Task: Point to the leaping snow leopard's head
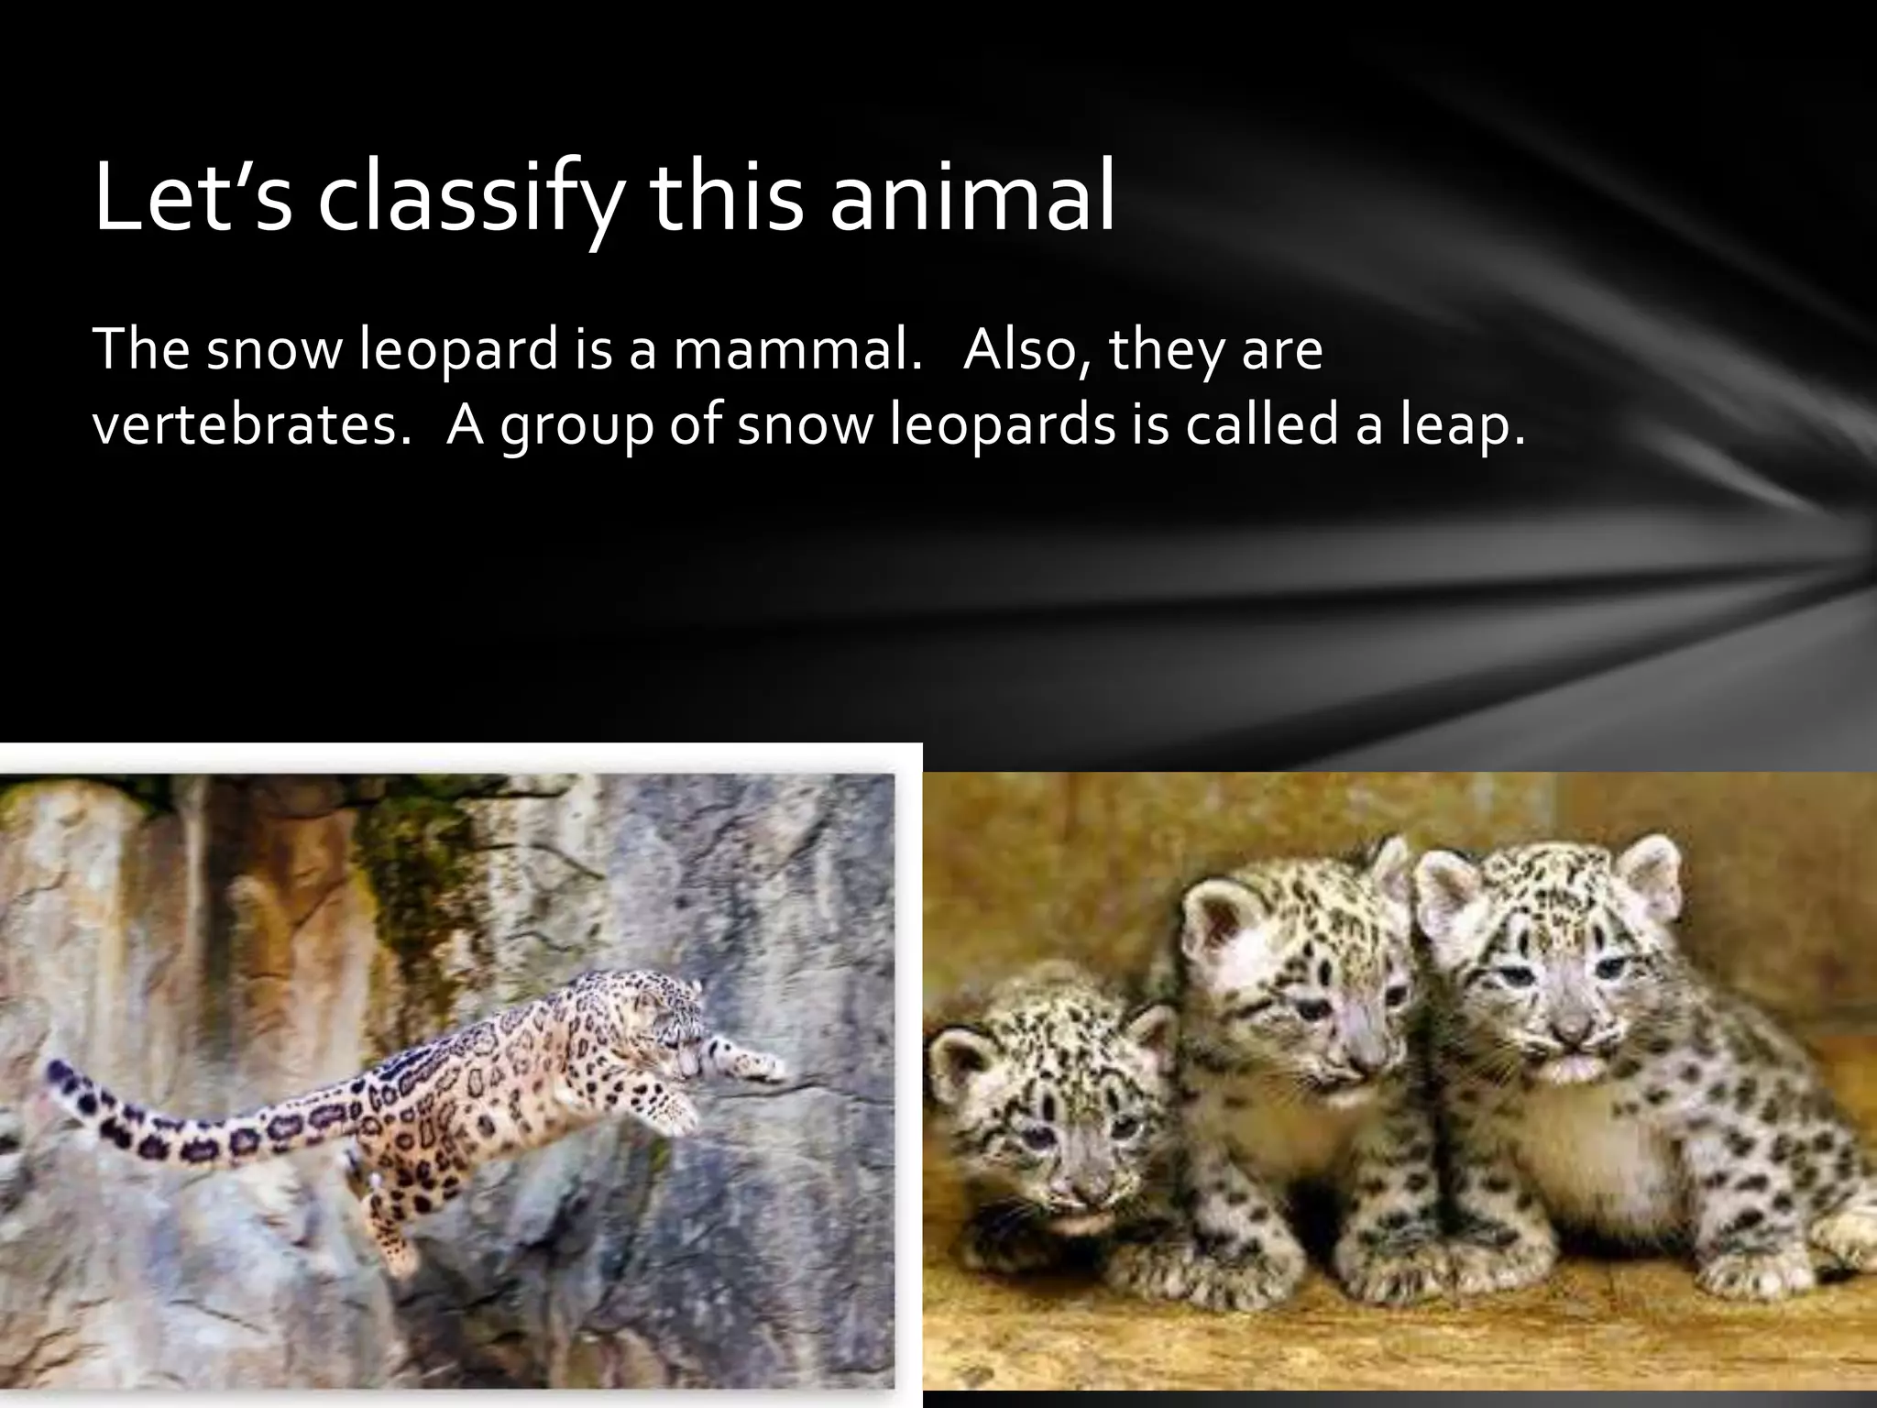pyautogui.click(x=674, y=1017)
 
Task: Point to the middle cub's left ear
pyautogui.click(x=1210, y=917)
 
